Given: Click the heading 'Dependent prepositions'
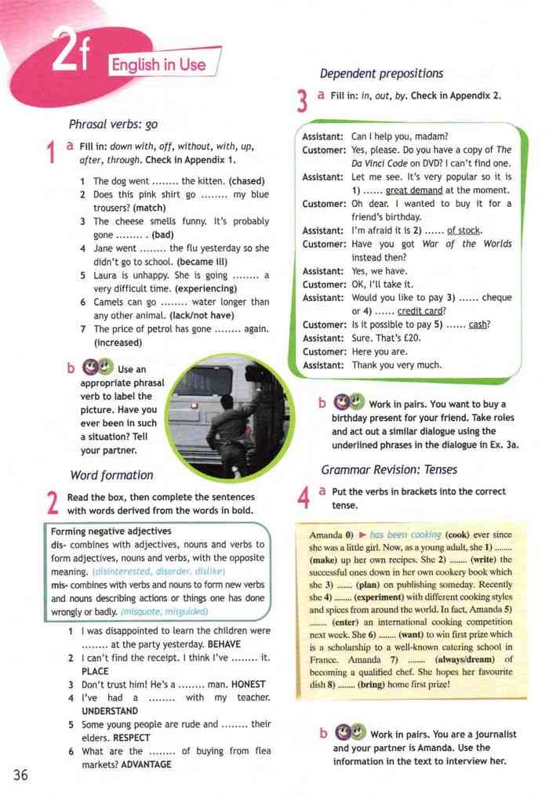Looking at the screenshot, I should coord(381,74).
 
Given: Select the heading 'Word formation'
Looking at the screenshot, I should coord(111,474).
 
